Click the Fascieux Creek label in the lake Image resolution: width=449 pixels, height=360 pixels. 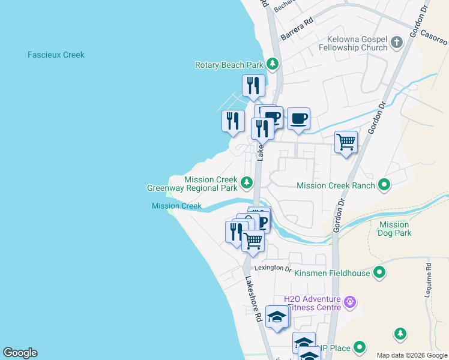(x=56, y=55)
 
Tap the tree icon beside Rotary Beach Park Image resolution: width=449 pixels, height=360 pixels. (x=273, y=64)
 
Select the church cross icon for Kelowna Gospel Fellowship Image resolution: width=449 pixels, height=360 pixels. (x=396, y=42)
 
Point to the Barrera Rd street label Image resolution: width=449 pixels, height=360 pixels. (x=297, y=29)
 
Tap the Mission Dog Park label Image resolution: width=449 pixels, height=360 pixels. (x=394, y=229)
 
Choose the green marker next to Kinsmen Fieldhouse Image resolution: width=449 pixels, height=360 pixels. (x=379, y=273)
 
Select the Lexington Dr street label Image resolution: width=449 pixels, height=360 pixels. (x=272, y=268)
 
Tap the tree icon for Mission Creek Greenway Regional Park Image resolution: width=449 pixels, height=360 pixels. (x=246, y=182)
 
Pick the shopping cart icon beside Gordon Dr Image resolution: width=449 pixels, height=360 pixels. (x=346, y=143)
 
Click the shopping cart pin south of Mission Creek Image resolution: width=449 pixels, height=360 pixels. (x=253, y=241)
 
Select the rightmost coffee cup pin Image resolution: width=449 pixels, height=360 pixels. (x=298, y=118)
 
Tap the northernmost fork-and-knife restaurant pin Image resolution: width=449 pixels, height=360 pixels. (x=253, y=86)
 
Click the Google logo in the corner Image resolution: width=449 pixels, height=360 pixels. (x=20, y=353)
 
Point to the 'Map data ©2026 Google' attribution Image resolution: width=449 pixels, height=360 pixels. (x=412, y=355)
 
